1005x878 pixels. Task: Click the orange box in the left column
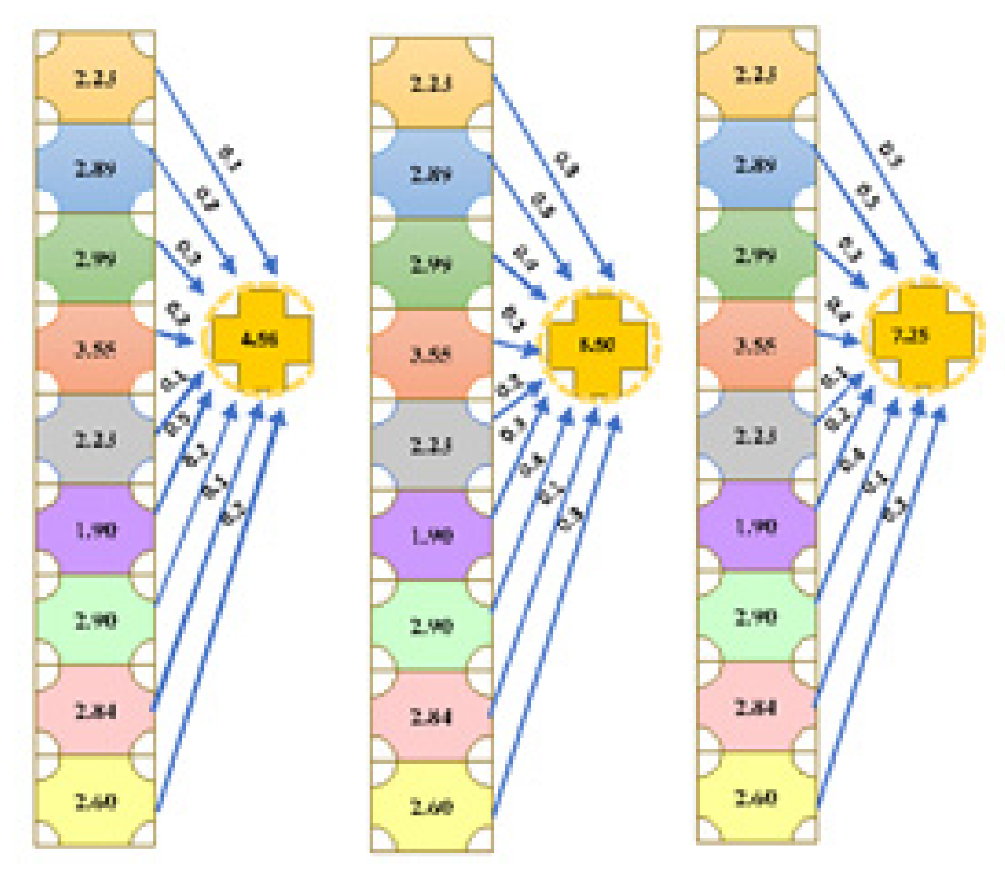coord(95,77)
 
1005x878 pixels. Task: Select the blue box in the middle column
coord(431,174)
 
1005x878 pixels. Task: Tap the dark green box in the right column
coord(756,255)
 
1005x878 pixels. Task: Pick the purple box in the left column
coord(95,529)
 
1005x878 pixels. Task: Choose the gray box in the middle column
coord(431,444)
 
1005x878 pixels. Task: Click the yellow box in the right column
coord(756,798)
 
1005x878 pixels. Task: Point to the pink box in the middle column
coord(431,716)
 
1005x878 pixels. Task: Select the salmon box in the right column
coord(756,345)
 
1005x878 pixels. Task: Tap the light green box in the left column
coord(95,620)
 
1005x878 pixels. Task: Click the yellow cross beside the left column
coord(260,339)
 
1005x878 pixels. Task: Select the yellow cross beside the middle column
coord(597,344)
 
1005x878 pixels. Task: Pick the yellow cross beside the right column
coord(923,336)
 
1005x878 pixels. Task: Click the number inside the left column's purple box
coord(95,530)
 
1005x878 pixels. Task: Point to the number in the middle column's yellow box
coord(431,806)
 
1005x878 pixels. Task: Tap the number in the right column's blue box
coord(756,165)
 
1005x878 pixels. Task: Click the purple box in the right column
coord(756,526)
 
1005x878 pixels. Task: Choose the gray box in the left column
coord(95,439)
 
